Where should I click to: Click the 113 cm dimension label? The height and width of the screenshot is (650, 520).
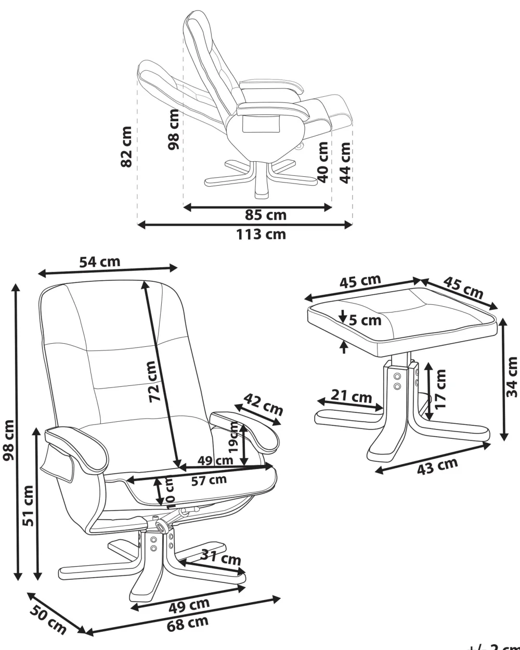click(x=261, y=235)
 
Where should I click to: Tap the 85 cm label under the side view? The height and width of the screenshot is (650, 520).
click(x=266, y=215)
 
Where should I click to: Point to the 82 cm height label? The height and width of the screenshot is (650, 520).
click(x=126, y=146)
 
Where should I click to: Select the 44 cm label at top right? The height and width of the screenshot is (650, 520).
click(x=345, y=162)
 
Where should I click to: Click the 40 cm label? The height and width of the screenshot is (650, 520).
click(x=323, y=162)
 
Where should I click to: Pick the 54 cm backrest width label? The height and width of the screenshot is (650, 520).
click(x=100, y=262)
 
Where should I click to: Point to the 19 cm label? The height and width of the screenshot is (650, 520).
click(x=234, y=437)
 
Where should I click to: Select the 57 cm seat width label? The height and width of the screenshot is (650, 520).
click(x=209, y=480)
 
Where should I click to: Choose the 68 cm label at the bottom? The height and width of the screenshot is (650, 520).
click(x=188, y=623)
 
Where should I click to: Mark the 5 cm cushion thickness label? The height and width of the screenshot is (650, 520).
click(x=365, y=320)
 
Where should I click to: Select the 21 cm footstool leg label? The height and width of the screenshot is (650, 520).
click(x=351, y=397)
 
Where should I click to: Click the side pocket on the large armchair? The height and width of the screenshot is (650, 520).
click(x=58, y=460)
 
